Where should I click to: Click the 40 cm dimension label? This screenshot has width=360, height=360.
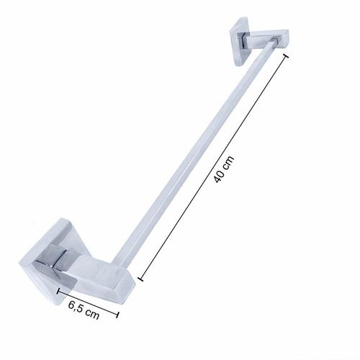[223, 169]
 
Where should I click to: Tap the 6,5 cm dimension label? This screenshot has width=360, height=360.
[84, 310]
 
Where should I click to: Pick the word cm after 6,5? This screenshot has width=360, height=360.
[93, 314]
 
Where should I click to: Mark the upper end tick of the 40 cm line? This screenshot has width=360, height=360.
[286, 56]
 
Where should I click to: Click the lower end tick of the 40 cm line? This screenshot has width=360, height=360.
[140, 279]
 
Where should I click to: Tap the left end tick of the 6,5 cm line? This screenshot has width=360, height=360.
[58, 291]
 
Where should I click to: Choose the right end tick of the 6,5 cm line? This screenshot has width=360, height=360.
[117, 315]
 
